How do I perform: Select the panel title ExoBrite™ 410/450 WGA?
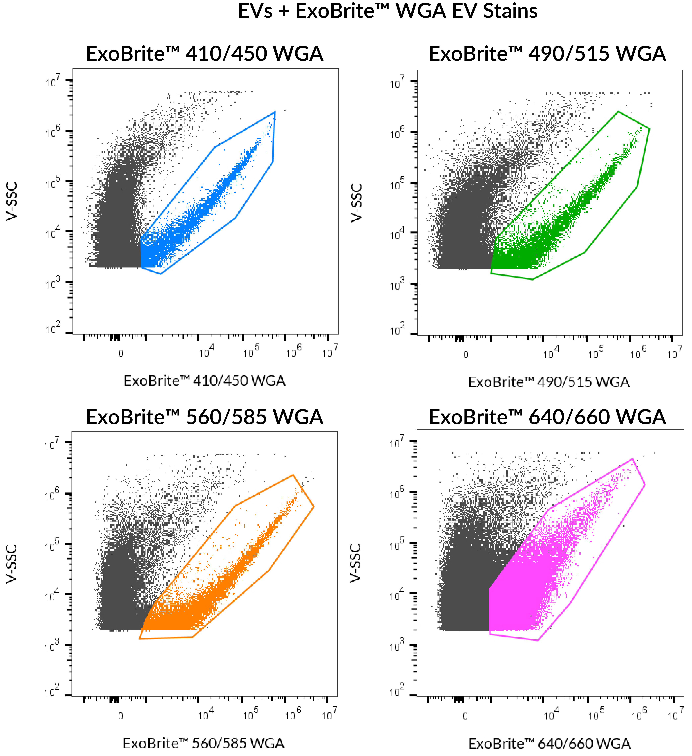[204, 54]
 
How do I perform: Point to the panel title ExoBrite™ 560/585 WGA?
[204, 417]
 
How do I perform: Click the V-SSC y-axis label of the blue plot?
[12, 201]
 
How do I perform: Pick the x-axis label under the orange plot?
[204, 743]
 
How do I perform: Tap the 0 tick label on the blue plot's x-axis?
[121, 353]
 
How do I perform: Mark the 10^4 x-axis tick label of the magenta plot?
[551, 715]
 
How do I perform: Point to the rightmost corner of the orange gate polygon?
[314, 507]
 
